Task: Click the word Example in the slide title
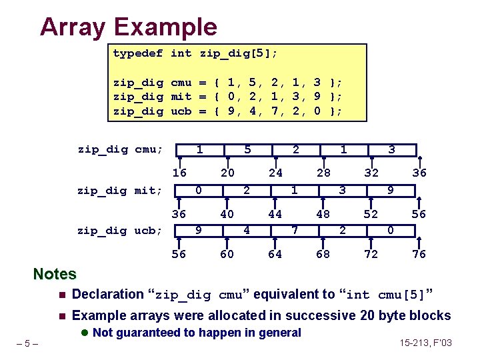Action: click(165, 27)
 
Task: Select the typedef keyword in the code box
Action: click(137, 53)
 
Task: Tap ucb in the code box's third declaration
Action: click(181, 111)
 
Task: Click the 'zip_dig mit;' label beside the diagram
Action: click(120, 191)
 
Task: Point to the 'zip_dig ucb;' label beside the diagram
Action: click(120, 231)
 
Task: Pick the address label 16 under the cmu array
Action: click(179, 173)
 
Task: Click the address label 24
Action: click(275, 173)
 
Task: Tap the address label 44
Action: click(275, 214)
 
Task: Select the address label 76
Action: click(419, 255)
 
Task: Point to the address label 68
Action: click(323, 255)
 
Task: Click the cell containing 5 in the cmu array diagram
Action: click(247, 150)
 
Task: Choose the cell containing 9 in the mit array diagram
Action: click(391, 190)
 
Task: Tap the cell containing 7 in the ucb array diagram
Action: click(295, 230)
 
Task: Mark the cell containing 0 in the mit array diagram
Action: click(199, 190)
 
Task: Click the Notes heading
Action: click(55, 274)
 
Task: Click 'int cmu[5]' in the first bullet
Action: click(383, 295)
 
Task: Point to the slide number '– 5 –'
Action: click(28, 344)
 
